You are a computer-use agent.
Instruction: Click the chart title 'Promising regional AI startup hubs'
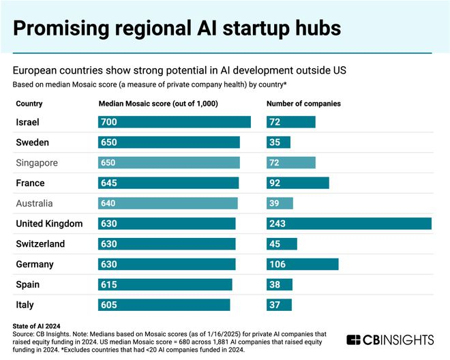[x=177, y=28]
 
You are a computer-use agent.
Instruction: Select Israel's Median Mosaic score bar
[x=175, y=122]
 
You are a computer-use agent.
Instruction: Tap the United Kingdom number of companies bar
[x=348, y=224]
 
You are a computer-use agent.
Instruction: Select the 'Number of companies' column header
[x=303, y=104]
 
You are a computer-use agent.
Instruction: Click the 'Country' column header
[x=29, y=104]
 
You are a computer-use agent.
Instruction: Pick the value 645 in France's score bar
[x=109, y=183]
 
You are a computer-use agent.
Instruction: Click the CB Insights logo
[x=390, y=340]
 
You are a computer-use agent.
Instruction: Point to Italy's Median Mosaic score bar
[x=164, y=305]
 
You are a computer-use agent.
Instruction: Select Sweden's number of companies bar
[x=278, y=142]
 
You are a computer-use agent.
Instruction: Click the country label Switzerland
[x=40, y=244]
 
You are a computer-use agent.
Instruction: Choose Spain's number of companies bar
[x=279, y=284]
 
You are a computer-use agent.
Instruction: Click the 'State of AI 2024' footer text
[x=42, y=326]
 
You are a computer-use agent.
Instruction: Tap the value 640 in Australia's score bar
[x=109, y=203]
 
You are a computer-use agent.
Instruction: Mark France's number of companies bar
[x=297, y=183]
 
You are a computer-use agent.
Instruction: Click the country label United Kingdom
[x=48, y=224]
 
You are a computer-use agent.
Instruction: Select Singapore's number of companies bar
[x=290, y=163]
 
